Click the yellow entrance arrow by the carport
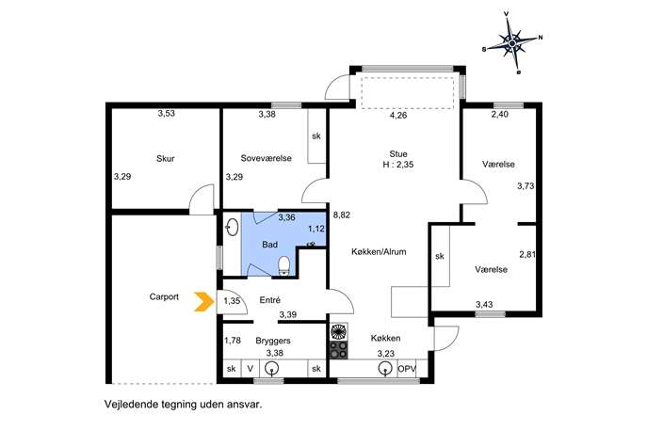204,301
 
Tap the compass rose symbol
512,42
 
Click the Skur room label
166,158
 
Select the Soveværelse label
267,158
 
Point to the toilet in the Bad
284,265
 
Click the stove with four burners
339,350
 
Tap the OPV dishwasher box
407,369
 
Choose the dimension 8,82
342,215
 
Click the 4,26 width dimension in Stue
398,116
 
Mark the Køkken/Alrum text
379,251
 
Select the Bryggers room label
273,341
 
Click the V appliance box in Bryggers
251,368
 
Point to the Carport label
164,296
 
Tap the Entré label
270,300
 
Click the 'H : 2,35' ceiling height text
398,165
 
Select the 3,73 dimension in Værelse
526,186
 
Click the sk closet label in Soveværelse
316,136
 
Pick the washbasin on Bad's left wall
233,227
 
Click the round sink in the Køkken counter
384,368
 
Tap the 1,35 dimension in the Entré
232,301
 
